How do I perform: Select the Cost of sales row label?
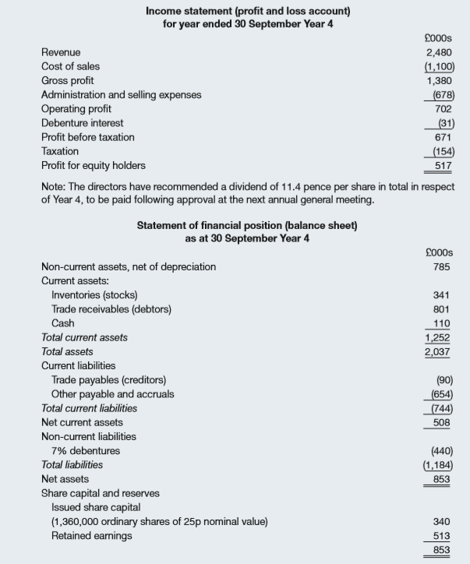coord(70,66)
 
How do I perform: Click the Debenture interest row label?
coord(82,123)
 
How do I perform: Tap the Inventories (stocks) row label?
coord(94,294)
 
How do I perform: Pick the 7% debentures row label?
coord(86,450)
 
